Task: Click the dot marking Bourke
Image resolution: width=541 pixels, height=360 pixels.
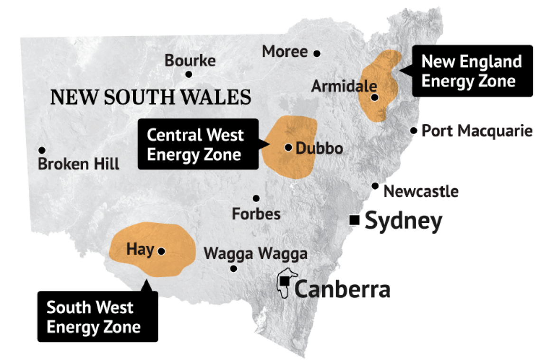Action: tap(188, 74)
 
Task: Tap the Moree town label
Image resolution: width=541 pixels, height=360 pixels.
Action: tap(285, 51)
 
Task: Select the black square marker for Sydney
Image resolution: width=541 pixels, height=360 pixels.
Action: tap(354, 220)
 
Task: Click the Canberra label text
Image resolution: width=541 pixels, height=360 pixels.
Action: tap(342, 289)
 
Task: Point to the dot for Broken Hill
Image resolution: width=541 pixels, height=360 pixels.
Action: tap(42, 150)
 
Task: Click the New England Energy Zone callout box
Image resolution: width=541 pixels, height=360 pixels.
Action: tap(472, 71)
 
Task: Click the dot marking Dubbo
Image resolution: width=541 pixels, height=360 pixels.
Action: tap(288, 147)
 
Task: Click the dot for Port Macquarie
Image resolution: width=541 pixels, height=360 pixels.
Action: tap(414, 130)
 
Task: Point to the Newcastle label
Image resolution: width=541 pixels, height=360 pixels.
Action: tap(421, 192)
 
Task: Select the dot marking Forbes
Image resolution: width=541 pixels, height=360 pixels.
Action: tap(256, 198)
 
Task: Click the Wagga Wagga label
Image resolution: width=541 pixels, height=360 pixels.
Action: tap(255, 253)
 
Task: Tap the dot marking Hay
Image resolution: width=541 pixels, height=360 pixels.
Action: tap(161, 251)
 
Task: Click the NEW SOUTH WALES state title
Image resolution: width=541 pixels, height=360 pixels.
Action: tap(150, 97)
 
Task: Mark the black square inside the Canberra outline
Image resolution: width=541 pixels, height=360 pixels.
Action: tap(285, 281)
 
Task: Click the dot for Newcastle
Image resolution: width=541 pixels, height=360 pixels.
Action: tap(375, 186)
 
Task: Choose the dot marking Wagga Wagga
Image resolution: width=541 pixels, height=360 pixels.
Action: tap(233, 268)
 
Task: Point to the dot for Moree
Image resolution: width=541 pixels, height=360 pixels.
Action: tap(317, 53)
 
